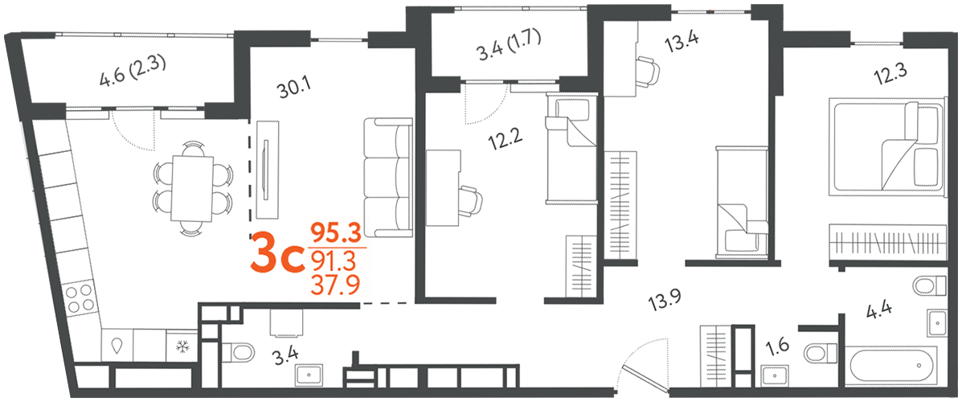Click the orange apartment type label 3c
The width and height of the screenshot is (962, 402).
276,259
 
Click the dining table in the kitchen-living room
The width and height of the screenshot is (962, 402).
193,188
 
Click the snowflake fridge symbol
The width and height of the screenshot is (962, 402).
182,347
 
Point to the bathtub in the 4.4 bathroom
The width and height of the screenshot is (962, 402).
894,365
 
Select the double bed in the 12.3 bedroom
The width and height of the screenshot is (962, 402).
887,147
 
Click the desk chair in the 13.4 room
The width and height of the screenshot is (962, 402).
648,70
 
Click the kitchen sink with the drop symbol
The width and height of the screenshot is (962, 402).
117,347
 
